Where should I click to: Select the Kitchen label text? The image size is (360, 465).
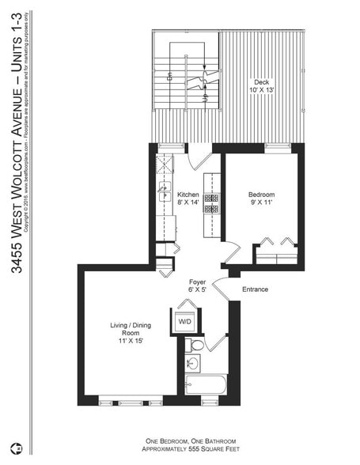point(188,195)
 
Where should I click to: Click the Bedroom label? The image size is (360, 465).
point(261,195)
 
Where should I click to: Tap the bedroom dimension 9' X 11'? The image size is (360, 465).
point(261,202)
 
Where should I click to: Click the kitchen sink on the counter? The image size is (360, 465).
point(165,191)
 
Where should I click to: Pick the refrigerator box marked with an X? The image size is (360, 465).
point(165,164)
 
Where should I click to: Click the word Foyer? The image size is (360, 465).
point(198,282)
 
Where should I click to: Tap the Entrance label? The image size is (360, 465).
point(255,289)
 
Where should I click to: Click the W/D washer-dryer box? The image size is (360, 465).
point(184,322)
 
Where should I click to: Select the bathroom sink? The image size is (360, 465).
point(192,364)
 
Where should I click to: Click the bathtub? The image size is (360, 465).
point(206,385)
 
